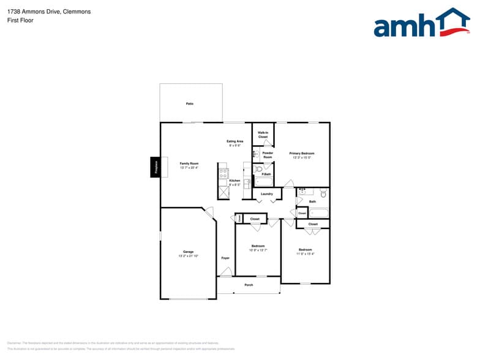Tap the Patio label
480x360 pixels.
click(190, 104)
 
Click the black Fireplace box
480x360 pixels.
click(156, 168)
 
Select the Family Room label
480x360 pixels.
click(189, 163)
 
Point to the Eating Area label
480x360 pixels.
click(235, 141)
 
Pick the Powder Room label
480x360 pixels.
click(268, 155)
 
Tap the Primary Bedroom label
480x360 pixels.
click(302, 153)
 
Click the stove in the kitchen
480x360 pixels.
click(223, 173)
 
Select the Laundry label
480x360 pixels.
click(267, 194)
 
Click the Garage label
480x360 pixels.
click(188, 252)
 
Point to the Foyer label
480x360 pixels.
click(225, 258)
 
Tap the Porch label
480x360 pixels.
click(249, 285)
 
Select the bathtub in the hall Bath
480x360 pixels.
click(318, 213)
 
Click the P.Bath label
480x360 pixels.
click(266, 174)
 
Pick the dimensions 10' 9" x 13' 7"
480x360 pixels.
click(258, 250)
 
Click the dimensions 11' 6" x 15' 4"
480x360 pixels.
click(305, 253)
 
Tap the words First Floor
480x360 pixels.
click(21, 20)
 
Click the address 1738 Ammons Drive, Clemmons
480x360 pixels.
click(49, 11)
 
